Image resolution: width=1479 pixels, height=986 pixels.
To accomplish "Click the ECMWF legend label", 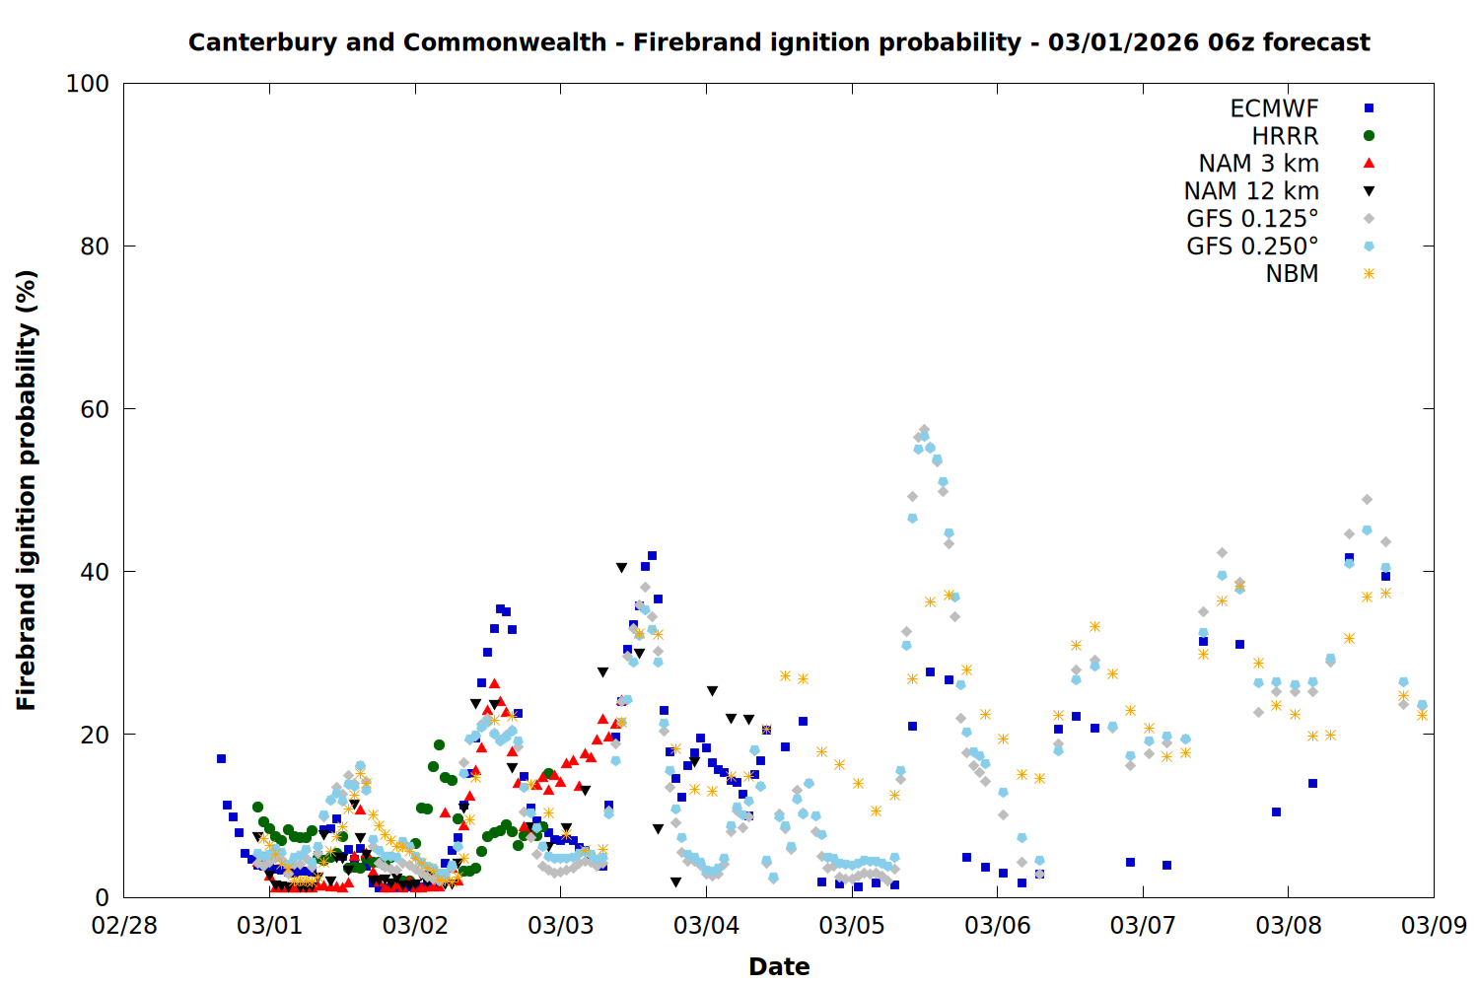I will coord(1274,108).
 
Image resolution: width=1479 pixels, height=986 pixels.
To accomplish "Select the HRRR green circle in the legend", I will coord(1369,136).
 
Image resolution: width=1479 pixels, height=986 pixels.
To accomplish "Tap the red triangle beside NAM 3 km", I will coord(1369,163).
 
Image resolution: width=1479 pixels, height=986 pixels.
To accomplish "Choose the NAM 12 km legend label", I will coord(1251,191).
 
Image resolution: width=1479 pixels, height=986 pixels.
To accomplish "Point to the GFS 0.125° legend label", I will coord(1252,219).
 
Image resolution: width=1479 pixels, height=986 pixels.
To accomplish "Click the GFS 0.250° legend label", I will coord(1252,246).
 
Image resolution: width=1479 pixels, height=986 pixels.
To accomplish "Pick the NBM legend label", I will coord(1292,274).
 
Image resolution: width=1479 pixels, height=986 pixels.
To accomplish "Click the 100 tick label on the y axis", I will coord(88,84).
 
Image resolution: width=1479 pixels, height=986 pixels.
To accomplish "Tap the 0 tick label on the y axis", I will coord(102,897).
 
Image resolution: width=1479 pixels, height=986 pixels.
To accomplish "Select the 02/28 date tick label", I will coord(124,926).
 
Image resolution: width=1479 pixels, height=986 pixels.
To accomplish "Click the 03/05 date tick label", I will coord(852,926).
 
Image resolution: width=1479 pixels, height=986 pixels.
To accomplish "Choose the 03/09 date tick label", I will coord(1434,926).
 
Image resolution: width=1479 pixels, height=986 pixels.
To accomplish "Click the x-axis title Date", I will coord(779,966).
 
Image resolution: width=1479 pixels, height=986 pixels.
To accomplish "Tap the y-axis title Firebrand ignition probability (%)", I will coord(27,490).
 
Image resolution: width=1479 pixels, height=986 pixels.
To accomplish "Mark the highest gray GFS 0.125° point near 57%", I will coord(924,430).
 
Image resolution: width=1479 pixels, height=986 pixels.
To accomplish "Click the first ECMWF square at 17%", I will coord(221,758).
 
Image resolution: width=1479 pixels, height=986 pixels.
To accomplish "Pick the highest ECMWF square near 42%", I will coord(652,556).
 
